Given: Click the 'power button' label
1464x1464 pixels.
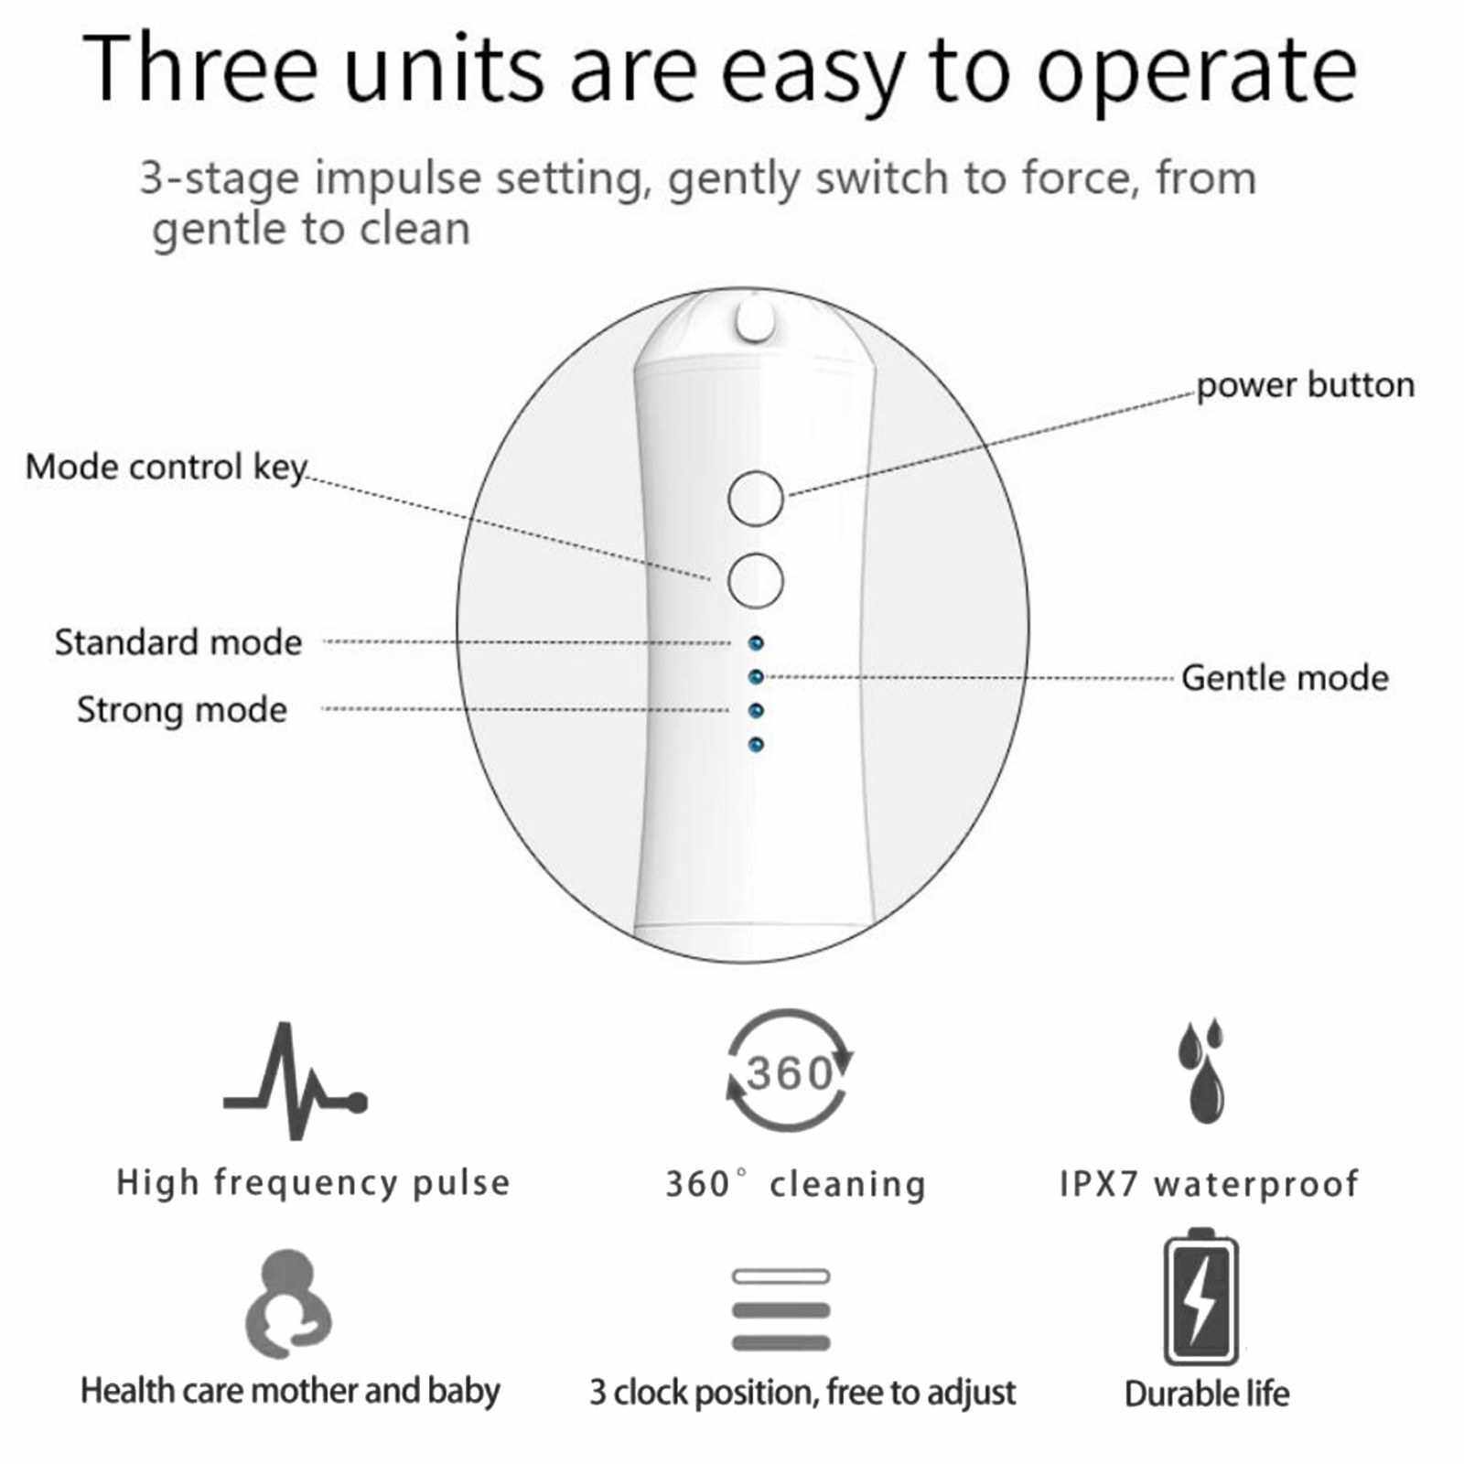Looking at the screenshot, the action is (x=1305, y=385).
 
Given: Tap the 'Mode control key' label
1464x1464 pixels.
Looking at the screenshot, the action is (x=166, y=467).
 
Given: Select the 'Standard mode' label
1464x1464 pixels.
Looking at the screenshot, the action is (x=178, y=642).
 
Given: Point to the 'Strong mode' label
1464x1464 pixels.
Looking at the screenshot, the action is (x=181, y=710).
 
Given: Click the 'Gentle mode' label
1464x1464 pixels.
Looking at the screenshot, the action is (x=1285, y=678).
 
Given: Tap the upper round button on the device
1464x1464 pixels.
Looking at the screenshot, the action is (x=756, y=499).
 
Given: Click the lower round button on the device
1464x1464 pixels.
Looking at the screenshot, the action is (x=756, y=580).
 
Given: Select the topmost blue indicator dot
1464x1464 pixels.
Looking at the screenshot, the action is (x=756, y=643).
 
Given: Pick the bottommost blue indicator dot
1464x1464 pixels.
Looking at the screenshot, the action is (x=756, y=745).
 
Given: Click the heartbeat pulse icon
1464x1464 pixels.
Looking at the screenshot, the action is (x=295, y=1081).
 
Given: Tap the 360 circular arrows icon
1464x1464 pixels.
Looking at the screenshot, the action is (x=790, y=1070).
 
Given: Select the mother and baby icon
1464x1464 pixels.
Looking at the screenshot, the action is (x=287, y=1304).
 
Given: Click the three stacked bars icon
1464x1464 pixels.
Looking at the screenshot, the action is (x=781, y=1309).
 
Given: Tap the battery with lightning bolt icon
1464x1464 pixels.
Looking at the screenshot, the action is (x=1200, y=1297).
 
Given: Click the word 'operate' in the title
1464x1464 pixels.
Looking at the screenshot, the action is (x=1197, y=70).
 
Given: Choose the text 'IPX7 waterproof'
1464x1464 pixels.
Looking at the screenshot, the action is (x=1210, y=1184).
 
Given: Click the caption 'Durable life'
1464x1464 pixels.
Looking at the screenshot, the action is (x=1207, y=1394).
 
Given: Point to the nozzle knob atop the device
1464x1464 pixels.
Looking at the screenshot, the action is (x=755, y=322).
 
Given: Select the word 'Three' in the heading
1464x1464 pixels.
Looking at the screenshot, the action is (x=200, y=68).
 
